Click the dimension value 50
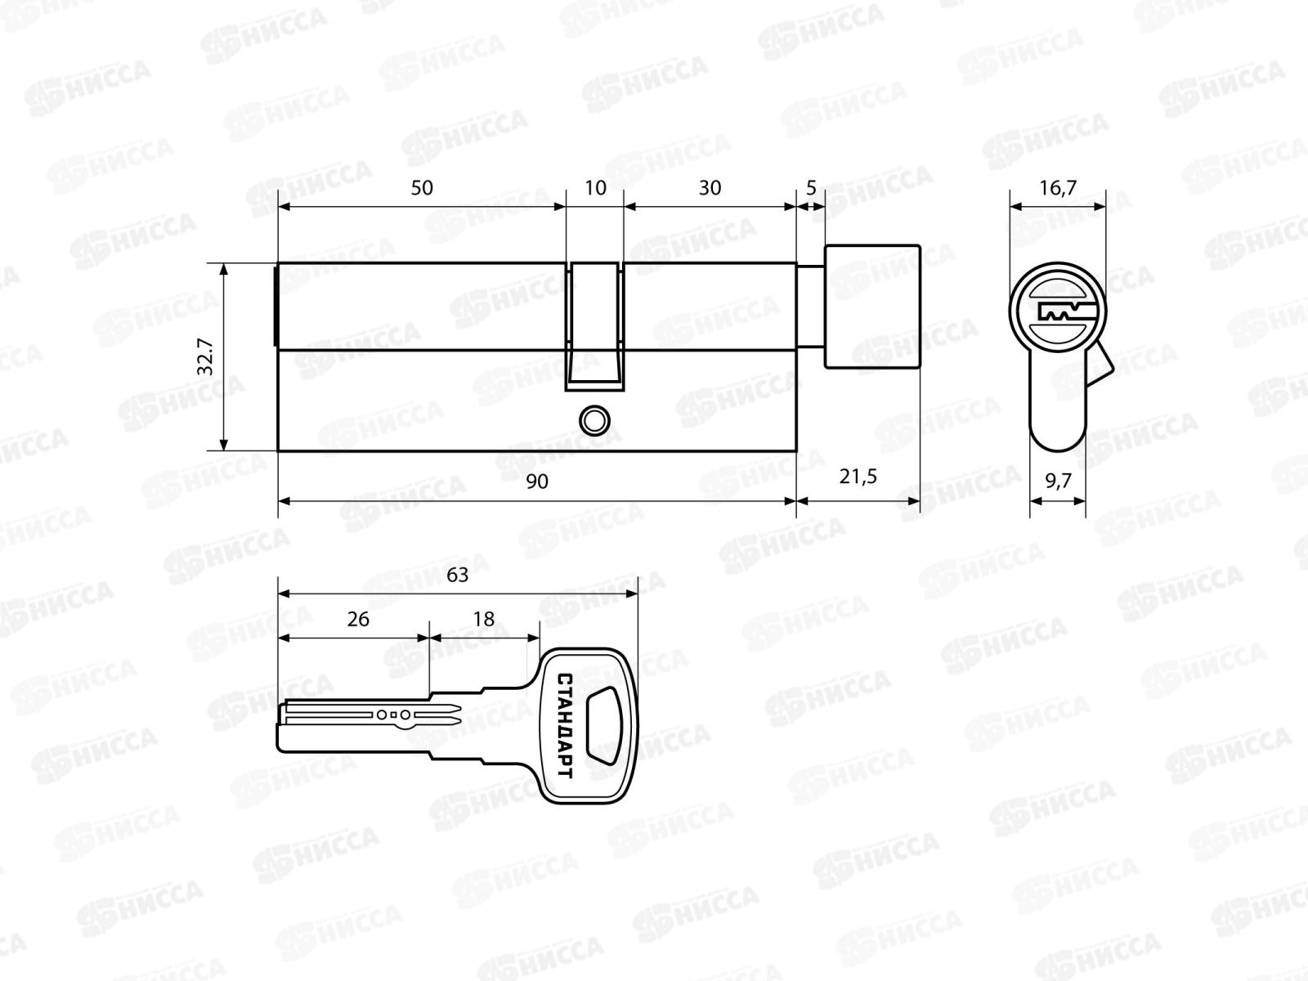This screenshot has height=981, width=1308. tap(421, 188)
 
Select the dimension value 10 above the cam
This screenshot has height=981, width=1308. tap(596, 188)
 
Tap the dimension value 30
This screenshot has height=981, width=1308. tap(710, 188)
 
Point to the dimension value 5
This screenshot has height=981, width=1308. tap(811, 188)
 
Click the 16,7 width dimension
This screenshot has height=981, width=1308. tap(1058, 188)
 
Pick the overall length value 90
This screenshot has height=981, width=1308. tap(536, 482)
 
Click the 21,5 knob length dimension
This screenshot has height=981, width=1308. tap(858, 476)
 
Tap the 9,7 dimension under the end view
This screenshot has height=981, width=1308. tap(1058, 482)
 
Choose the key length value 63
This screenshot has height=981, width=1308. tap(457, 576)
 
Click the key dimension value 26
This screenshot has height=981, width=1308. tap(358, 619)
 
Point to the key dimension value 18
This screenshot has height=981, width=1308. tap(484, 619)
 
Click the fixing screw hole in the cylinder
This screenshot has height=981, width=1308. tap(594, 420)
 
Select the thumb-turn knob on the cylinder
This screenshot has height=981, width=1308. tap(871, 305)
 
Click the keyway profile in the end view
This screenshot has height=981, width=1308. tap(1059, 311)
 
